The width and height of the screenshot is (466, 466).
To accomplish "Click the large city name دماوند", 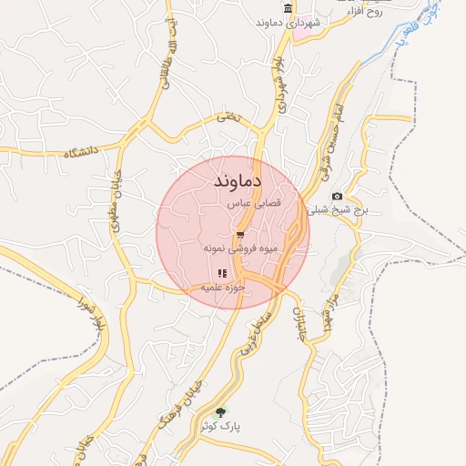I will coord(238,181).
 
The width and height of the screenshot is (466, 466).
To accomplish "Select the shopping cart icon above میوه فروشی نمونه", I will coord(239,235).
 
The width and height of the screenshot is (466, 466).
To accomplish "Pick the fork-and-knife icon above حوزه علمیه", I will coord(221,273).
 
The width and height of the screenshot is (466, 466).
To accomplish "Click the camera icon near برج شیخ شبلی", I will coord(338,197).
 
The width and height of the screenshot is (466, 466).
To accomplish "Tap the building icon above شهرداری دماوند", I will coord(289,9).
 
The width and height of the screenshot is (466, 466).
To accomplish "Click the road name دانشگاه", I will coord(81,152).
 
